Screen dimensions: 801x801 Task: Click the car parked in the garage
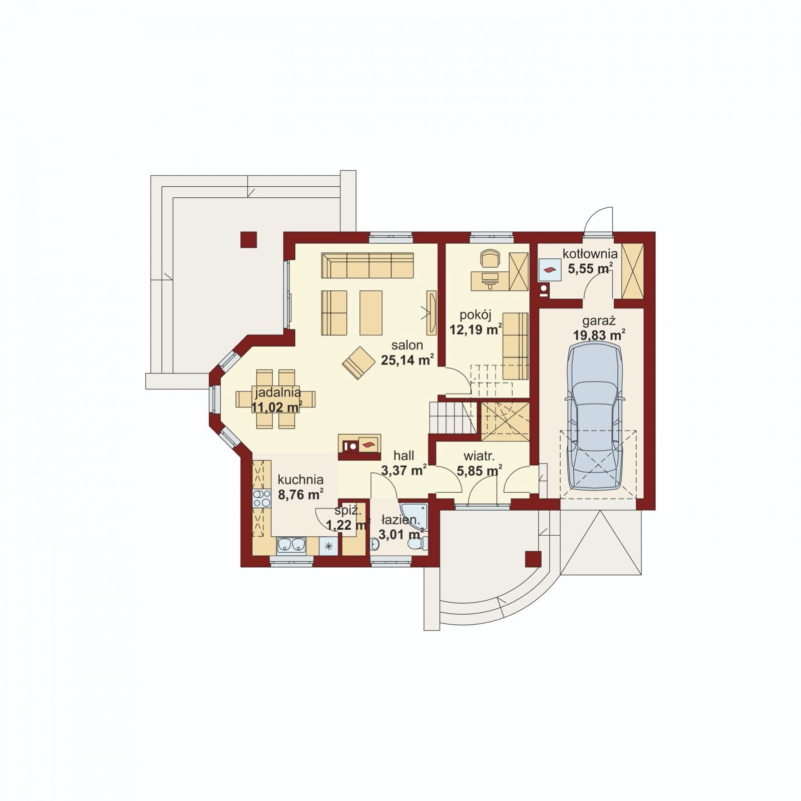(x=595, y=416)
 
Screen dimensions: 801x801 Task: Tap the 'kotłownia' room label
(x=590, y=254)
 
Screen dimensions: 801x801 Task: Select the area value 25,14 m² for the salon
(x=407, y=360)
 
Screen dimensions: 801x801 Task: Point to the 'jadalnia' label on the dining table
(x=277, y=392)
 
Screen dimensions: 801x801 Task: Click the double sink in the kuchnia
(x=291, y=545)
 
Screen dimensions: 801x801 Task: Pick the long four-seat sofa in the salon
(x=367, y=265)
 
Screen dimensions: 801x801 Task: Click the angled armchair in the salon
(x=358, y=363)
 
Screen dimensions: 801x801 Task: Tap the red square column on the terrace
(x=248, y=240)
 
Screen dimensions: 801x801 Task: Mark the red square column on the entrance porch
(x=533, y=559)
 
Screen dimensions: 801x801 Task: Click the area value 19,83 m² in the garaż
(x=599, y=335)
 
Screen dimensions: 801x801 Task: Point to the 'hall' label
(x=404, y=456)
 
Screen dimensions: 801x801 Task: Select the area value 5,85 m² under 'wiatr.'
(x=480, y=471)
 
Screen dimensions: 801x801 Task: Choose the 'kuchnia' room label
(x=300, y=480)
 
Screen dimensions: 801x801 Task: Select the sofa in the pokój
(x=515, y=346)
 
